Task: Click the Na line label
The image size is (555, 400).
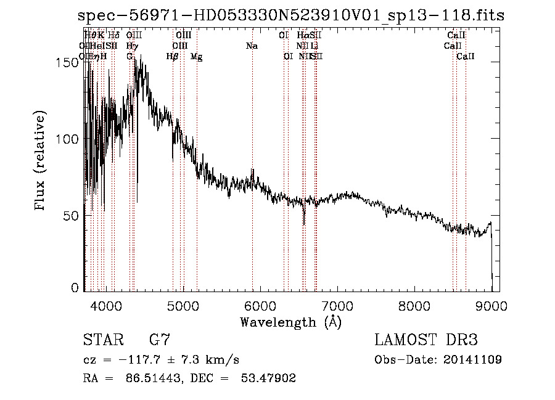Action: click(252, 46)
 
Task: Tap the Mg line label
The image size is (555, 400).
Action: click(196, 57)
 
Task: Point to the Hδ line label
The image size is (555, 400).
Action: click(113, 36)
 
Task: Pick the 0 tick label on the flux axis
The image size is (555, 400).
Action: click(76, 288)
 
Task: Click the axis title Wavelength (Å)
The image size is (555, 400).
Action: click(290, 322)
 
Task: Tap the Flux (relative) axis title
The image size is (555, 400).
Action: click(41, 161)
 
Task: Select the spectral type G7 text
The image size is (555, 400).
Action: click(160, 340)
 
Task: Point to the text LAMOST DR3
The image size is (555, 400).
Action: click(425, 340)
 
